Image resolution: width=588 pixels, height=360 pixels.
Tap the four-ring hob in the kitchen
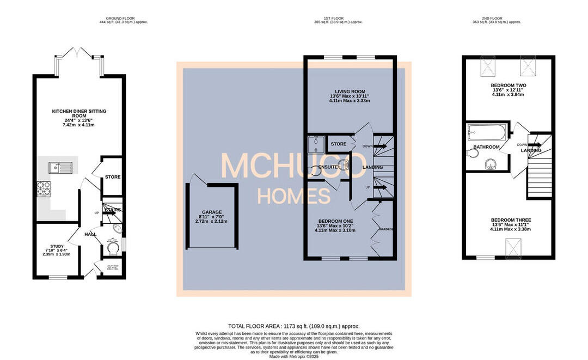coord(44,188)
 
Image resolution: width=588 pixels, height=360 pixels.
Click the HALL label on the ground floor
coord(90,234)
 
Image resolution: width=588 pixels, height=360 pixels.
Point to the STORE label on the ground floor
coord(113,177)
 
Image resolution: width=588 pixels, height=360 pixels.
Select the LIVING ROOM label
coord(350,91)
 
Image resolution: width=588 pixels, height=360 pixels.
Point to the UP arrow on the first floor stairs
coord(379,188)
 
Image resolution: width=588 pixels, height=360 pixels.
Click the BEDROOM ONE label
coord(335,221)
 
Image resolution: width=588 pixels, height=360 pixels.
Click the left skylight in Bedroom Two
coord(488,68)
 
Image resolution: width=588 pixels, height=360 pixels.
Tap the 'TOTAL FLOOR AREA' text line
coord(293,326)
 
